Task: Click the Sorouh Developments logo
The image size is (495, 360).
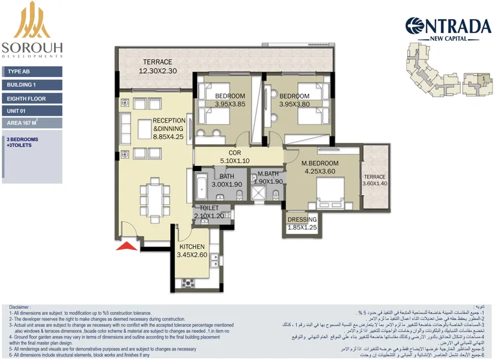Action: coord(32,30)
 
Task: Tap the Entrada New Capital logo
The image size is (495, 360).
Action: coord(448,28)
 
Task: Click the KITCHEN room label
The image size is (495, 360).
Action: coord(191,247)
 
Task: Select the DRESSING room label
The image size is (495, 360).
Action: coord(302,220)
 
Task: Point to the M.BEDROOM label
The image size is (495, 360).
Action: coord(320,163)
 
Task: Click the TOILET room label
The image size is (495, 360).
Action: coord(208,208)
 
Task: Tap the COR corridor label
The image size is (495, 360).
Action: coord(234,153)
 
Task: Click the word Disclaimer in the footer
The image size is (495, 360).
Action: coord(20,307)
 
